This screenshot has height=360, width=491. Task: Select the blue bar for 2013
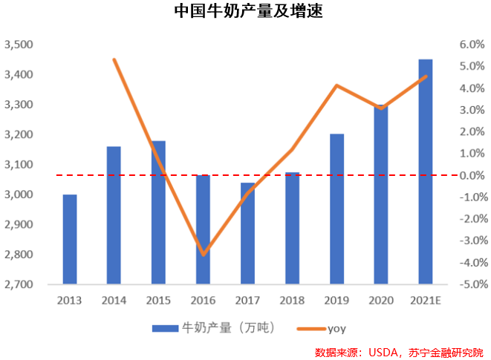coord(70,239)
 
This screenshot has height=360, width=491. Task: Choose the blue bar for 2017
coord(247,233)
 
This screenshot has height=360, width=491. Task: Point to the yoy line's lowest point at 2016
coord(203,255)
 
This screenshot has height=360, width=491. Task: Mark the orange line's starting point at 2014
coord(114,59)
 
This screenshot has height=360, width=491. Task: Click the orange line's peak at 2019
coord(336,85)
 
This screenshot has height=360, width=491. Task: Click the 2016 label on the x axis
coord(203,300)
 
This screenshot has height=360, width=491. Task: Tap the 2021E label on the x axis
coord(425,300)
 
